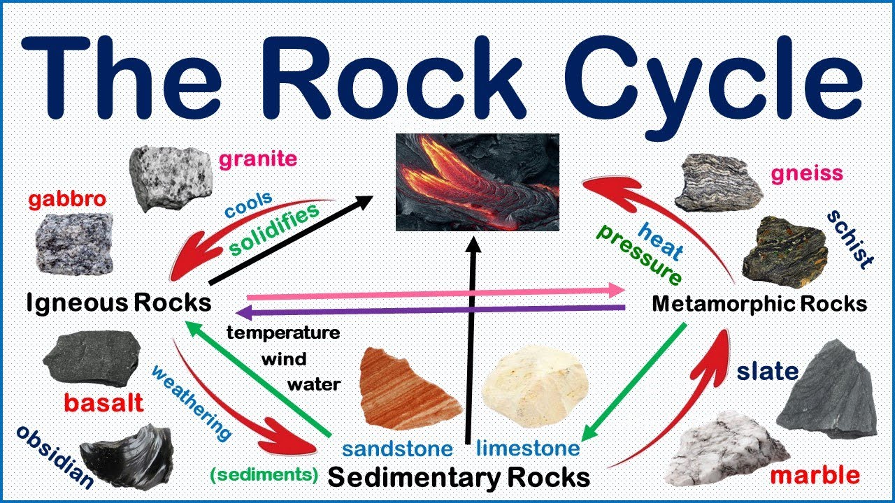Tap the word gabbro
click(x=67, y=200)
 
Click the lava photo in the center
click(x=478, y=182)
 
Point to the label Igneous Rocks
click(x=119, y=302)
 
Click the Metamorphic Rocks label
click(x=759, y=304)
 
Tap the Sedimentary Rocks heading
click(x=459, y=478)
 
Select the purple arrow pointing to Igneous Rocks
click(x=434, y=309)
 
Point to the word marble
click(x=815, y=476)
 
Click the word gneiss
click(x=806, y=173)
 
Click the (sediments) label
click(x=264, y=474)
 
